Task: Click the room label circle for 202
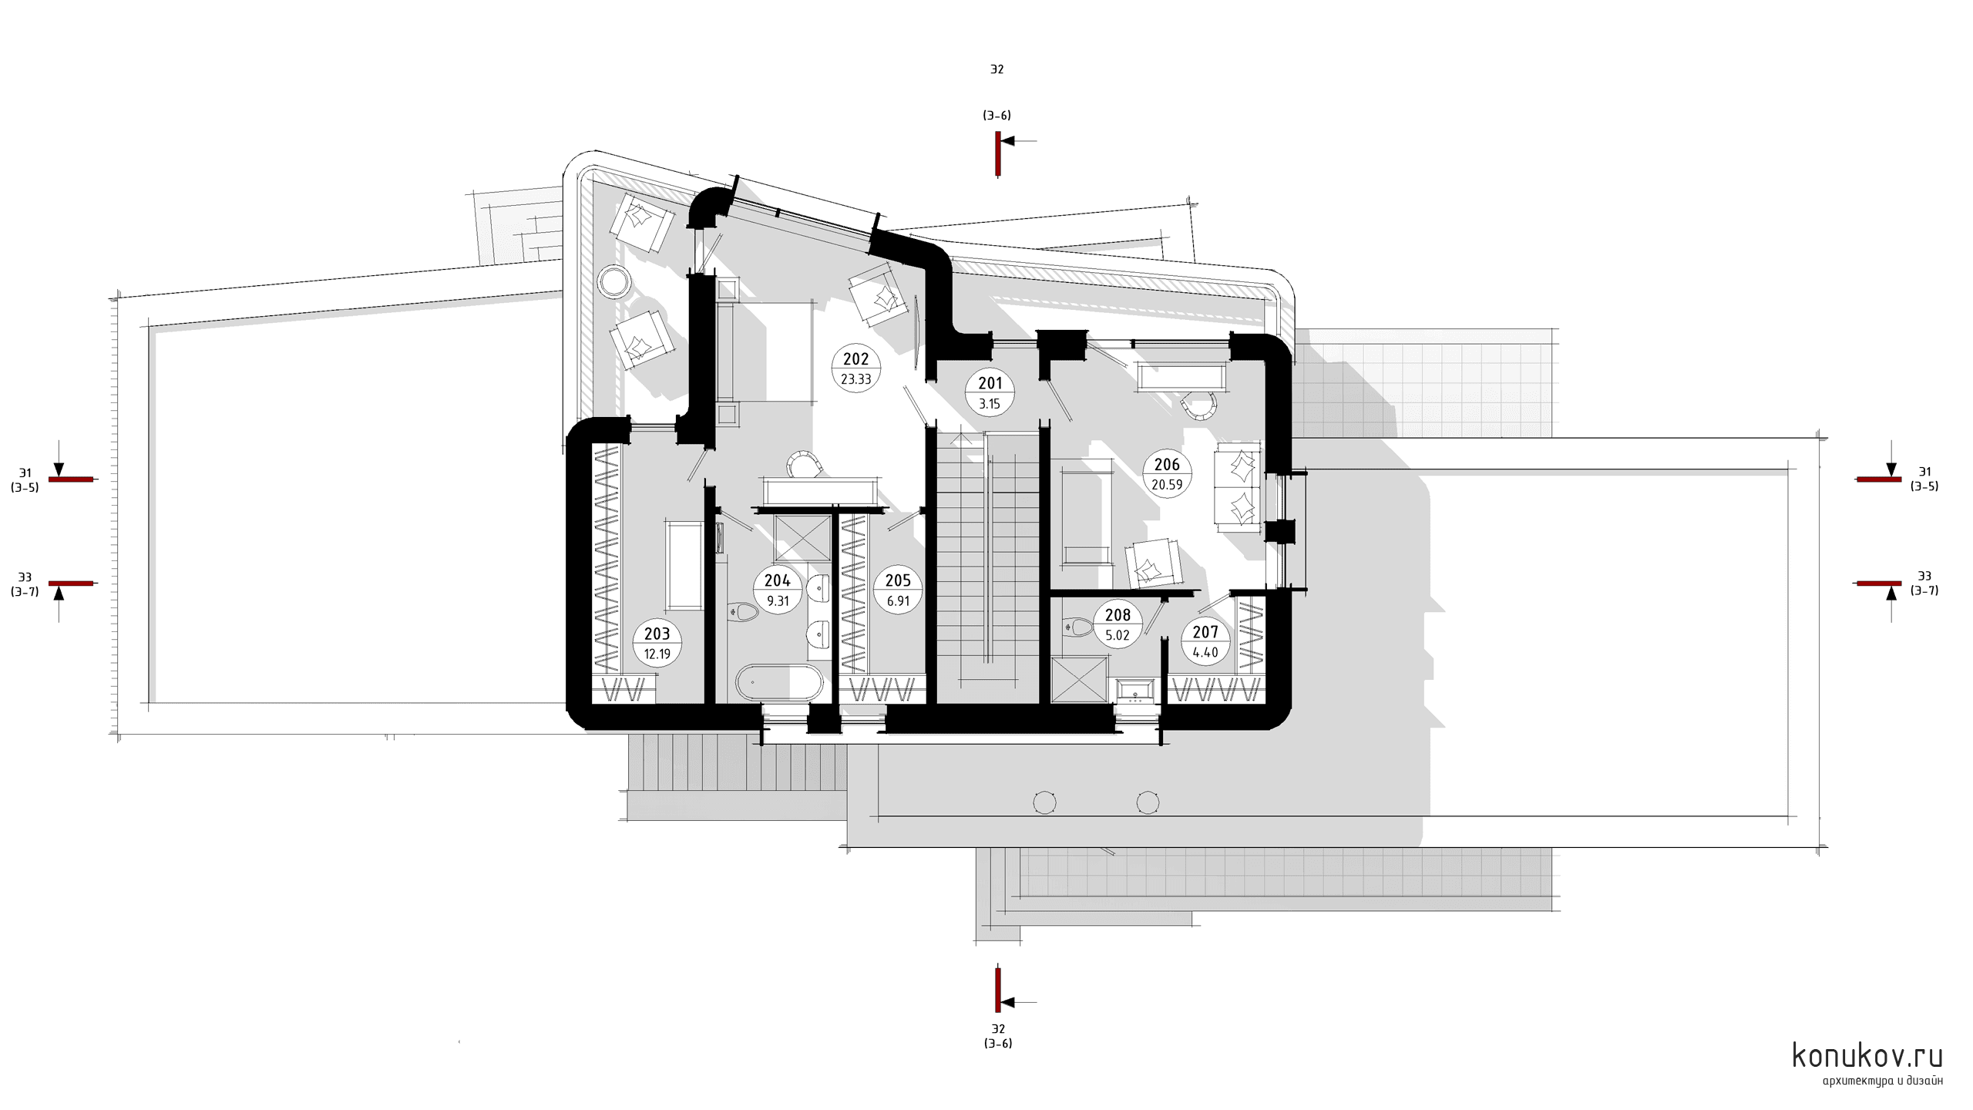[856, 368]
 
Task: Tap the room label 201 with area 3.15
[990, 393]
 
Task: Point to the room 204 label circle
[778, 590]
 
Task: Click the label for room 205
[898, 590]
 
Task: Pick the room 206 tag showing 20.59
[1167, 474]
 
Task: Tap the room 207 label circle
[1205, 642]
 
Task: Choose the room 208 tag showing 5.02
[1118, 624]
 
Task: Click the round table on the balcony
[615, 281]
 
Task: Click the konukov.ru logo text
[1868, 1055]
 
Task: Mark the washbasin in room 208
[1134, 691]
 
